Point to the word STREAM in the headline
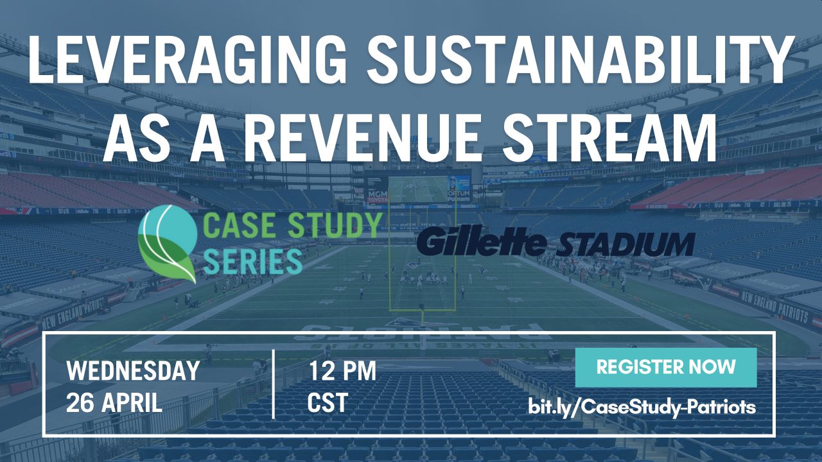pyautogui.click(x=609, y=137)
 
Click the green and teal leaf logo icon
pyautogui.click(x=167, y=244)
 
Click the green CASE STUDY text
pyautogui.click(x=292, y=225)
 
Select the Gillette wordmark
pyautogui.click(x=481, y=243)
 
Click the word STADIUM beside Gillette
pyautogui.click(x=625, y=244)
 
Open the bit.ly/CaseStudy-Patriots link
pyautogui.click(x=642, y=407)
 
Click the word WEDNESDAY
pyautogui.click(x=133, y=370)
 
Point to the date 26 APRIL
pyautogui.click(x=114, y=402)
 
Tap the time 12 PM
pyautogui.click(x=342, y=370)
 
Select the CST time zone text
pyautogui.click(x=328, y=402)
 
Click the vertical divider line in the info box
pyautogui.click(x=274, y=384)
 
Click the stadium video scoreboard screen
pyautogui.click(x=418, y=189)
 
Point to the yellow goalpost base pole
pyautogui.click(x=423, y=318)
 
